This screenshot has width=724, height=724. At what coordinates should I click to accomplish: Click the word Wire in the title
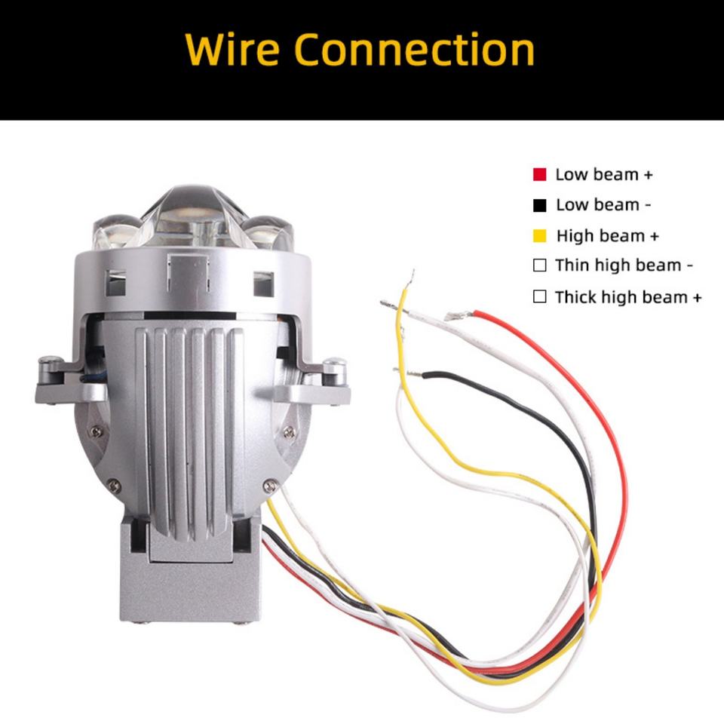coord(232,50)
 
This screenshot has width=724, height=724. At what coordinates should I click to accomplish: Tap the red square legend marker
coord(539,175)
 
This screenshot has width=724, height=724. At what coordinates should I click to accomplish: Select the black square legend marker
coord(539,205)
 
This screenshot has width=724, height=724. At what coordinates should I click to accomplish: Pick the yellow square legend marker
coord(539,236)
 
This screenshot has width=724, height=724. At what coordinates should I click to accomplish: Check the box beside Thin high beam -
coord(539,265)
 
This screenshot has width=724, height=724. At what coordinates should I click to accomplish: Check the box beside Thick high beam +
coord(539,296)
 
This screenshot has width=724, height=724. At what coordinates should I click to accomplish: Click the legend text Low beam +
coord(603,175)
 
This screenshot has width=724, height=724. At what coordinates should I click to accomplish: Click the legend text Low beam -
coord(603,205)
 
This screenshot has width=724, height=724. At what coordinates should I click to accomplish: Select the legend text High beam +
coord(607,236)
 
